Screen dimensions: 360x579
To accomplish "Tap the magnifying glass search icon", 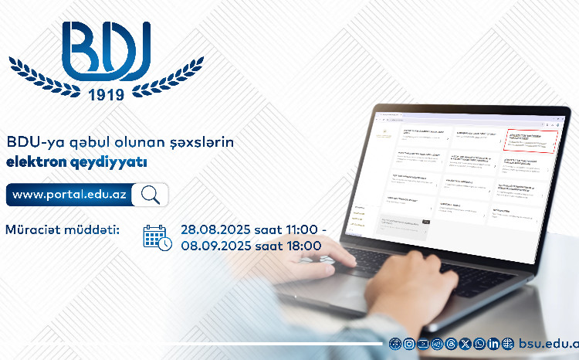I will tap(150, 195).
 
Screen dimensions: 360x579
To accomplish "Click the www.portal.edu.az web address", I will tap(69, 195).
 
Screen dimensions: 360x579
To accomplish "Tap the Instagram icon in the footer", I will tap(409, 343).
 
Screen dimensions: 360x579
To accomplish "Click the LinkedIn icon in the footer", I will tap(494, 343).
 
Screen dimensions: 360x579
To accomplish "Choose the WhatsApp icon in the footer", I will tap(480, 343).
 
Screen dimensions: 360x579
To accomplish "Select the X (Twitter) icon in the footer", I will tap(466, 343).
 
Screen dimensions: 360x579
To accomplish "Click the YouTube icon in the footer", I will tap(423, 343).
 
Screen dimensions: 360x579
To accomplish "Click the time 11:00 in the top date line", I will tap(303, 229).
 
